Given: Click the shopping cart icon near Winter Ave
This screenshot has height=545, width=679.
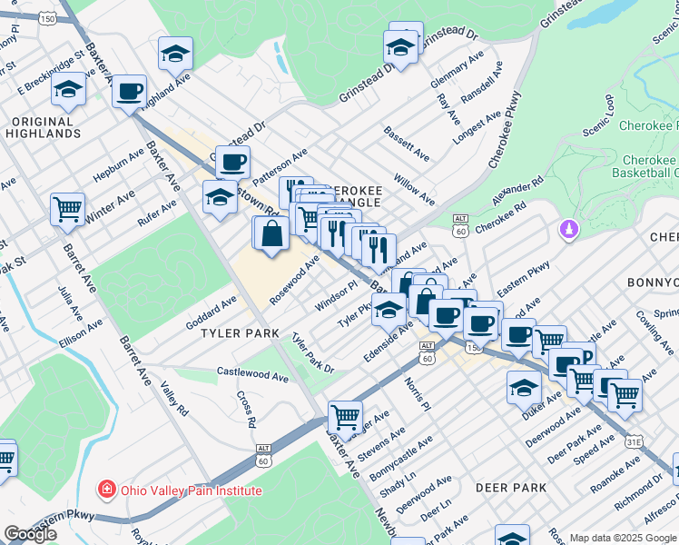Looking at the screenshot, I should tap(67, 209).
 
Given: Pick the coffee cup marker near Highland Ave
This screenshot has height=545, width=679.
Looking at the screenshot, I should tap(130, 91).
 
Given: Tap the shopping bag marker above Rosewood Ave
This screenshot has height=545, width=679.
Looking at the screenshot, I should tap(272, 234).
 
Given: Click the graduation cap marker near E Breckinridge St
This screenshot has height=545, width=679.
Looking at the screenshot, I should tap(67, 89).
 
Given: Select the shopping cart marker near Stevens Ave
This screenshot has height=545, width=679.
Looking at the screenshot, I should tap(345, 417).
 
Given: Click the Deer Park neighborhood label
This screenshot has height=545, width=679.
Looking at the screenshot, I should tap(511, 488).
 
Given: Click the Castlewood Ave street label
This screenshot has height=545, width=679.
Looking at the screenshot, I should tap(253, 373).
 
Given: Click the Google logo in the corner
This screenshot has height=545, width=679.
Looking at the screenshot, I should tap(30, 534).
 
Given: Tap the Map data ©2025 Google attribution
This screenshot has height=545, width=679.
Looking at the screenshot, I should tap(623, 538).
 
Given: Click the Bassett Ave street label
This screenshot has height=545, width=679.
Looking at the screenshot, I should tap(406, 144).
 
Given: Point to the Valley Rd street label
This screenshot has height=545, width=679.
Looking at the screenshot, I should tap(172, 399).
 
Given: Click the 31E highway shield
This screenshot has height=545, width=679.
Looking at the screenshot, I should tap(633, 441).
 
